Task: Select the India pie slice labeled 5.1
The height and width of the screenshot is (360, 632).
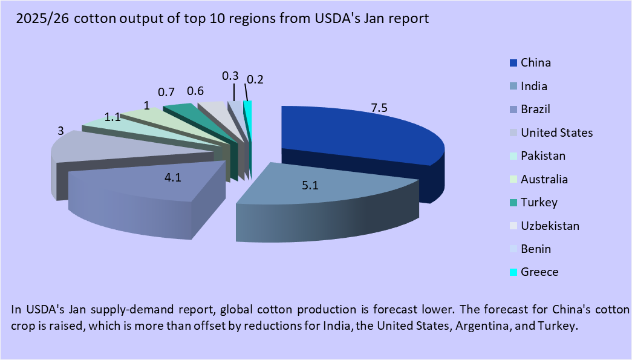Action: click(x=314, y=194)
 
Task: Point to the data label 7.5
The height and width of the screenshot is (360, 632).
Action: click(x=379, y=108)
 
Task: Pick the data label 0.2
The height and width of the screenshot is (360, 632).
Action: click(x=255, y=79)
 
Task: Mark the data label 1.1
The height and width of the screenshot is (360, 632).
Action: click(x=112, y=117)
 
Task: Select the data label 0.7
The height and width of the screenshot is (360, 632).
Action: click(x=166, y=93)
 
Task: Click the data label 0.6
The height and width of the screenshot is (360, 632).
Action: click(x=195, y=91)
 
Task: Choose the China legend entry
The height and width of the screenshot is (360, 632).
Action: click(x=535, y=63)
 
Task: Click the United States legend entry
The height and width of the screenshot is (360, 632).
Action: click(x=556, y=133)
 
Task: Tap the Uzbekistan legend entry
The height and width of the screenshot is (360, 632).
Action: click(x=550, y=226)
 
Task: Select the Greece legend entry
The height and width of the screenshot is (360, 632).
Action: click(x=539, y=272)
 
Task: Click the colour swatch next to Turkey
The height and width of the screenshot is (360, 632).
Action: click(x=513, y=203)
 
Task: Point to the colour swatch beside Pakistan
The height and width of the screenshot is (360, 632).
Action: click(x=513, y=156)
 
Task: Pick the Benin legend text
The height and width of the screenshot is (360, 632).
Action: click(x=536, y=249)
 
